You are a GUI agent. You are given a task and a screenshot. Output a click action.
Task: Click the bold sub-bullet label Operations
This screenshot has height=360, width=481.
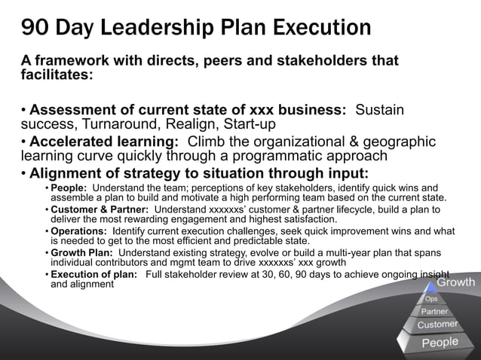(78, 230)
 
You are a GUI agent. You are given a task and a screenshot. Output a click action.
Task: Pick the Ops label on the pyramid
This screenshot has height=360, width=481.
(432, 298)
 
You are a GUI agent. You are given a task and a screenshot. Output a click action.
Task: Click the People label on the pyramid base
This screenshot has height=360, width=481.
(440, 343)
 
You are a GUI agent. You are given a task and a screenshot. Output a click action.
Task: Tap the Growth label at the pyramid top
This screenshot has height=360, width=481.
(456, 283)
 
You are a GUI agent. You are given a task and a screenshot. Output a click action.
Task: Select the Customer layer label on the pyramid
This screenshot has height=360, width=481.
(438, 325)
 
